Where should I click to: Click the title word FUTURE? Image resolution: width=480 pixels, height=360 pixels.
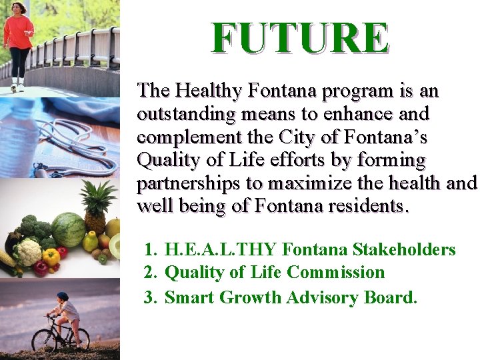[x=300, y=39]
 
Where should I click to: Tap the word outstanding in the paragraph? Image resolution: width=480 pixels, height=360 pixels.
[x=186, y=114]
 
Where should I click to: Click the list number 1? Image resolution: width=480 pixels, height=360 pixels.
[x=149, y=250]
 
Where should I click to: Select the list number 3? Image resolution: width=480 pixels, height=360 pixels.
[x=149, y=297]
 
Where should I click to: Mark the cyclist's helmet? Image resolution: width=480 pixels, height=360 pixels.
[x=62, y=295]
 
